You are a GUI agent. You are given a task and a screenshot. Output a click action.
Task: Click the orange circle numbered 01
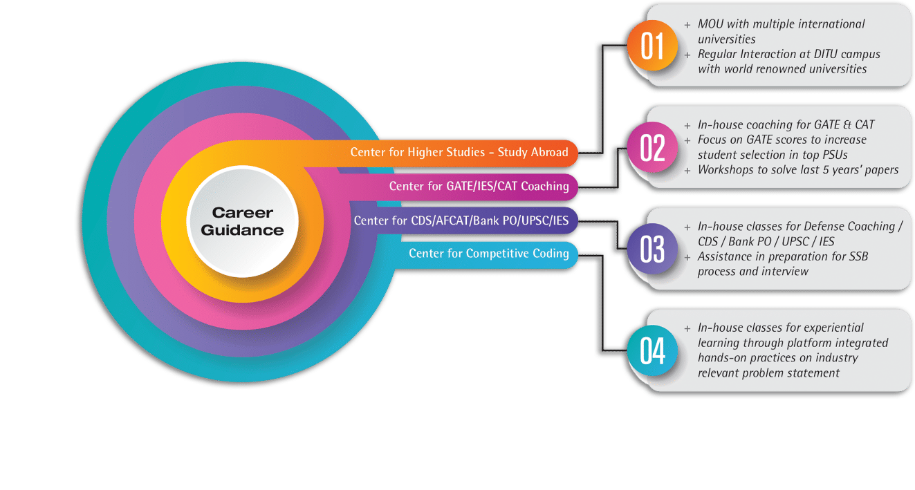pyautogui.click(x=652, y=47)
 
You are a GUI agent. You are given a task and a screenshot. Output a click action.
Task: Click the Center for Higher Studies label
pyautogui.click(x=459, y=152)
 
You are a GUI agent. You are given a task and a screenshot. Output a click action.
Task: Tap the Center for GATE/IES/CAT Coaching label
pyautogui.click(x=479, y=186)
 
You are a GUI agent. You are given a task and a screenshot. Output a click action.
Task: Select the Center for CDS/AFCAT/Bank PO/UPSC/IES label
pyautogui.click(x=461, y=220)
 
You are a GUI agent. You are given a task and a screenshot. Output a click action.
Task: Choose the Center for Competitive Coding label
pyautogui.click(x=488, y=254)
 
